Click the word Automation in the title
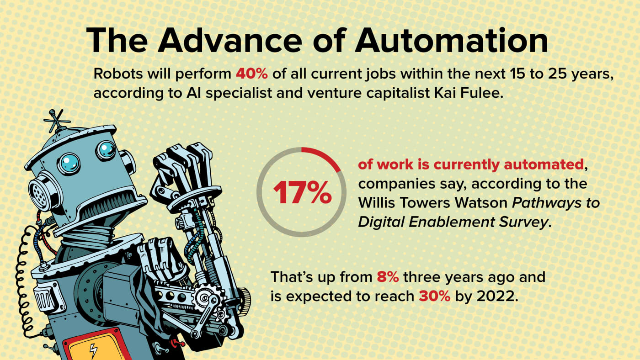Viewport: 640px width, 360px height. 452,40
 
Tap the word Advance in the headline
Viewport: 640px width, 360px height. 229,40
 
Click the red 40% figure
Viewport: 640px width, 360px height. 252,74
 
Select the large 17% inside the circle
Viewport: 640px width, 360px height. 302,193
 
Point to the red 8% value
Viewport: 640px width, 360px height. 388,277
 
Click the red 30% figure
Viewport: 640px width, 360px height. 435,296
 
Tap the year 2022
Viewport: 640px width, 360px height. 497,296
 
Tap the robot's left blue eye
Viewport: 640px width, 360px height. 69,164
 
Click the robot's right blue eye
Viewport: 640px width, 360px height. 106,150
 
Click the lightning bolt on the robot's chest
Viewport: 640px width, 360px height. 93,351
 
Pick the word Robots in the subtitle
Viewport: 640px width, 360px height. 118,74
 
